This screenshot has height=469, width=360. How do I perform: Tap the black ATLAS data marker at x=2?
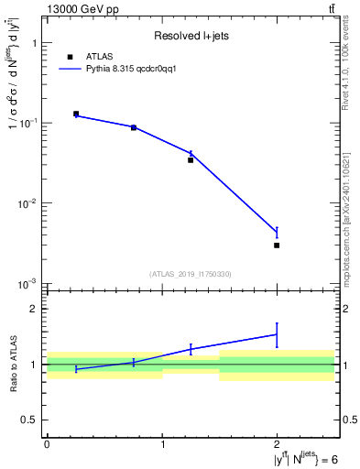pyautogui.click(x=277, y=245)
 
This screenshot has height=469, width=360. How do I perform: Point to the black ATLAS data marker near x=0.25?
pyautogui.click(x=76, y=114)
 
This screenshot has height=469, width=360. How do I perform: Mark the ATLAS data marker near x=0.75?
pyautogui.click(x=134, y=127)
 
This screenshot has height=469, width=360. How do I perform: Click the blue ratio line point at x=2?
pyautogui.click(x=277, y=334)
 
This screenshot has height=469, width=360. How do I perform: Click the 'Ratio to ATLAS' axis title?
pyautogui.click(x=13, y=364)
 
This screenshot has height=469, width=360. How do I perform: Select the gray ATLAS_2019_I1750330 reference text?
pyautogui.click(x=191, y=274)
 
